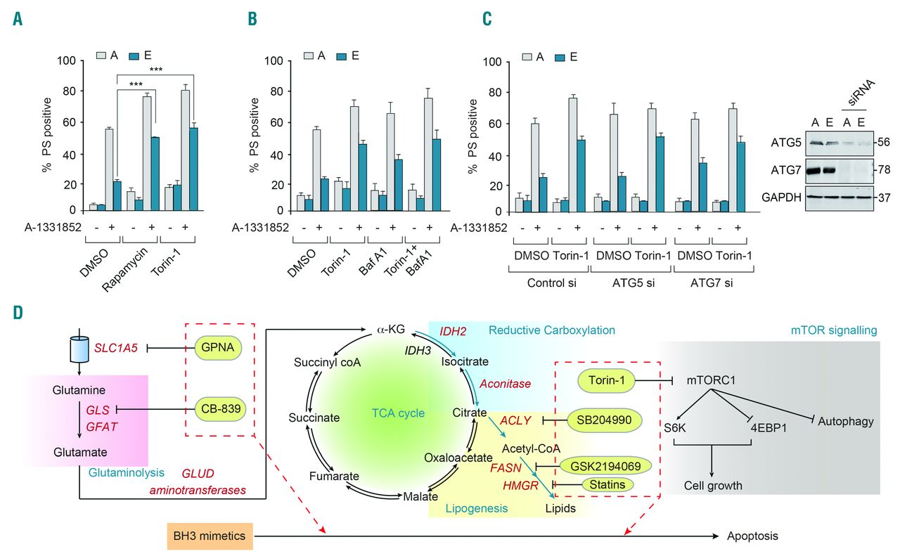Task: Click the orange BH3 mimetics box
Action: pyautogui.click(x=210, y=536)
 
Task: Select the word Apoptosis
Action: pyautogui.click(x=753, y=536)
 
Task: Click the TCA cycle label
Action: pyautogui.click(x=399, y=413)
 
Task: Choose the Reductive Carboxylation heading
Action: pyautogui.click(x=552, y=330)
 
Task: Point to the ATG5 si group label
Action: pyautogui.click(x=630, y=283)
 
